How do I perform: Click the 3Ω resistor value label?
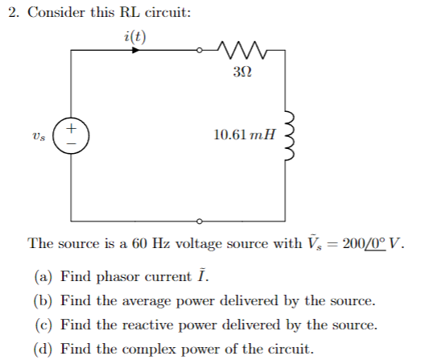[241, 72]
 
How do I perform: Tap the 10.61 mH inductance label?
[242, 134]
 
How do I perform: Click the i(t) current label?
[135, 36]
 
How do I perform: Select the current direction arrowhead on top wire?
[136, 50]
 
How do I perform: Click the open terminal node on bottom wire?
[200, 220]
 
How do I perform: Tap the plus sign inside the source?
[70, 127]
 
